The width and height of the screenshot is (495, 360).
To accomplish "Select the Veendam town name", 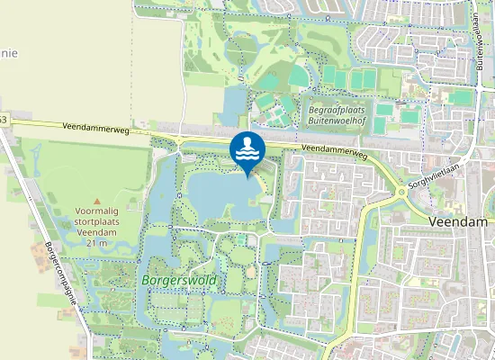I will click(459, 221).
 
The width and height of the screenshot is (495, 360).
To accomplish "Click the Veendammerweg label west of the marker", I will click(96, 129).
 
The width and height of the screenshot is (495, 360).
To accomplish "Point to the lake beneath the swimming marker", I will click(216, 193).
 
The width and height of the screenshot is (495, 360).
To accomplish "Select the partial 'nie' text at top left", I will click(7, 51).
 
